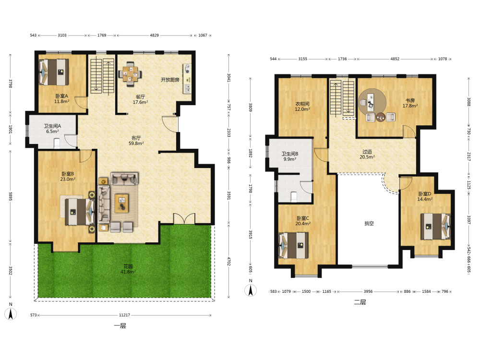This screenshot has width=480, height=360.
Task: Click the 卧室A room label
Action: tap(61, 96)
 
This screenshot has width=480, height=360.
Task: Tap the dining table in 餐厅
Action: tap(131, 74)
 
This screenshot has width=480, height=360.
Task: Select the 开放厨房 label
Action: tap(170, 80)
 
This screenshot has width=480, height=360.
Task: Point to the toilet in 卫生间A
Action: tap(57, 143)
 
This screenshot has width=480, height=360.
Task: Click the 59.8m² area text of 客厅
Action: tap(136, 143)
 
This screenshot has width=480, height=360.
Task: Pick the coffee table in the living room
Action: tap(122, 203)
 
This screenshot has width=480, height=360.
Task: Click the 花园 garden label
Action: tap(128, 266)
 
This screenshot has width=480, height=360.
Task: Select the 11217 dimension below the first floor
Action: tap(124, 315)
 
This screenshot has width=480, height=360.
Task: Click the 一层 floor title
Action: tap(120, 326)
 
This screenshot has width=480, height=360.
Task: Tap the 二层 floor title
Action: tap(360, 302)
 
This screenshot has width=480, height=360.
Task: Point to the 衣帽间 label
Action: tap(302, 104)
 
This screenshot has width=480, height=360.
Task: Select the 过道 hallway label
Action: tap(367, 152)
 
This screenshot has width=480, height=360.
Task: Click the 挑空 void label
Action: tap(369, 224)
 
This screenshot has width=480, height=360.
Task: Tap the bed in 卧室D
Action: tap(435, 226)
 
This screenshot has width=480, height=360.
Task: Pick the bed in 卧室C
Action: tap(293, 245)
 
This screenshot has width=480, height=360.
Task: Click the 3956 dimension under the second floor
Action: tap(368, 291)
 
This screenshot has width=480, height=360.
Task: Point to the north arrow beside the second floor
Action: tap(251, 290)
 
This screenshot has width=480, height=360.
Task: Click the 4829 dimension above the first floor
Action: tap(154, 35)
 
